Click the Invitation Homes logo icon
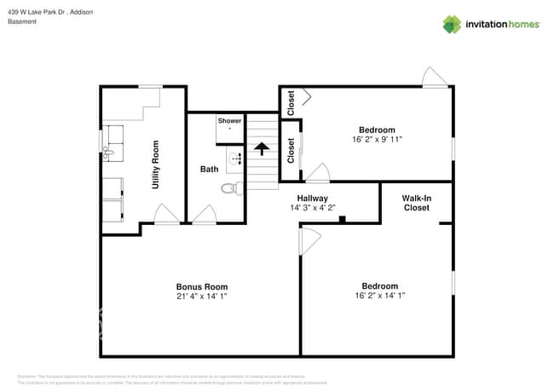click(x=451, y=24)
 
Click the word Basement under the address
click(x=22, y=21)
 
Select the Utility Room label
click(x=155, y=164)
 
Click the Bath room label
click(x=209, y=169)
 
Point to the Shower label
click(x=229, y=121)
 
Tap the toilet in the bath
click(x=228, y=188)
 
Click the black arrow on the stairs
click(x=261, y=149)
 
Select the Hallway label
click(x=313, y=198)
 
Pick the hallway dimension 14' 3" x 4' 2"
click(x=313, y=208)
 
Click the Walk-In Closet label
click(x=416, y=203)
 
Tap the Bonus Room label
click(x=201, y=286)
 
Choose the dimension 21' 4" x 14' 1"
click(x=201, y=297)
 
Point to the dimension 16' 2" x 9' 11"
click(x=376, y=140)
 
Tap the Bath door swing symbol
click(x=205, y=215)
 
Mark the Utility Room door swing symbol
click(x=166, y=215)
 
